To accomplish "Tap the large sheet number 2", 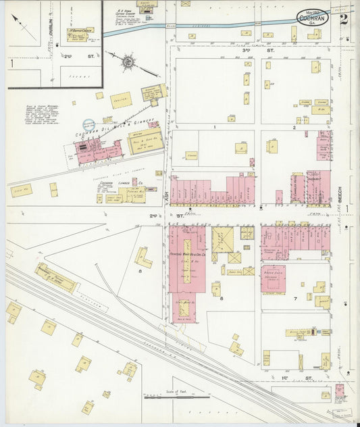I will coord(344,18).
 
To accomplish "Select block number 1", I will coord(213,126).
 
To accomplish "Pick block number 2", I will coord(294,126).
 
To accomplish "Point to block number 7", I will coord(295,297).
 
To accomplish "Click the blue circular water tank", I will coord(89,124).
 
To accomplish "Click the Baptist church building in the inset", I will coord(80,34).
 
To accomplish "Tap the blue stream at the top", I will coord(223,26).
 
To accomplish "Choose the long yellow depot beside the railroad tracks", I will coord(56,278).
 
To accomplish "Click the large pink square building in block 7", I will coord(273,278).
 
